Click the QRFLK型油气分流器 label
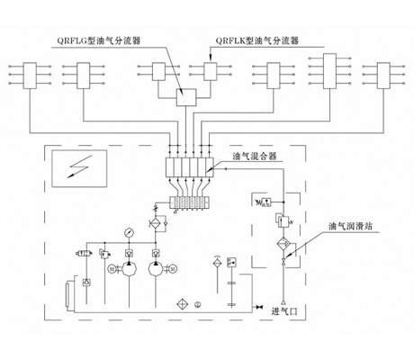(x=256, y=40)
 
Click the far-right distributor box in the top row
(x=371, y=71)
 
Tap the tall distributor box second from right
(x=328, y=69)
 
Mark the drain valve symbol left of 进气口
(x=257, y=308)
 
